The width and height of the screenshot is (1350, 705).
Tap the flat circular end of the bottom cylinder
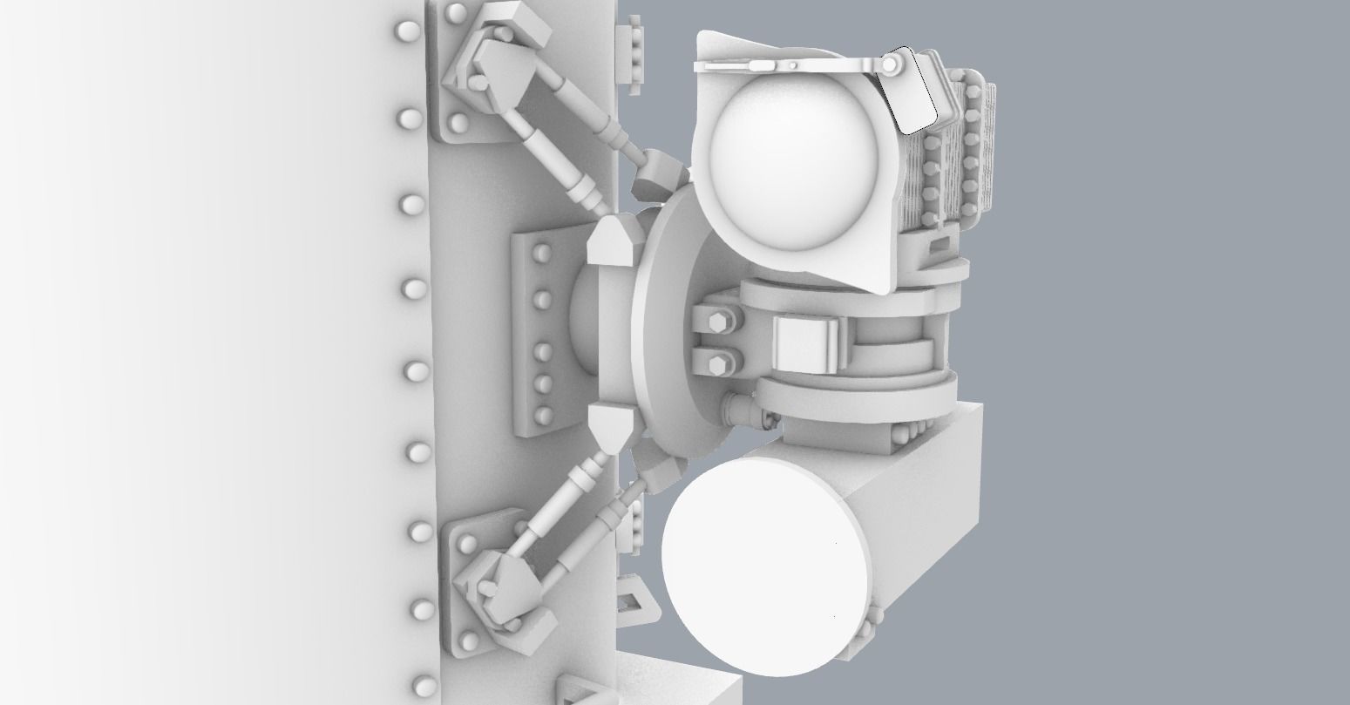(x=767, y=566)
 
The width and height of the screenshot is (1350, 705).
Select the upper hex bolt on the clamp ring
(x=717, y=323)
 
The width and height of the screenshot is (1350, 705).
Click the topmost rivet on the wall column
(x=406, y=33)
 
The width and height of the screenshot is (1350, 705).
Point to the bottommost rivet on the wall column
(x=424, y=685)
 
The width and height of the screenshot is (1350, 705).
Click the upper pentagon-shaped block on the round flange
(x=609, y=242)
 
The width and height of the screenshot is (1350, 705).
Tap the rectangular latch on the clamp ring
(x=806, y=342)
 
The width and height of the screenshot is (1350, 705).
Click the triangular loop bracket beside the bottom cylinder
(x=634, y=601)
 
